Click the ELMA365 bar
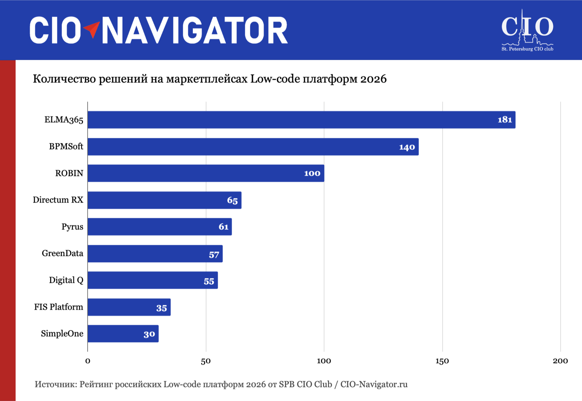[301, 120]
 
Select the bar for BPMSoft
[253, 147]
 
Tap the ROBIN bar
[206, 173]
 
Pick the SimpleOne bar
[123, 334]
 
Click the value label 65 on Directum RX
[232, 200]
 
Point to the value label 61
[224, 227]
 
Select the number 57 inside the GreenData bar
[214, 255]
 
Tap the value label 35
[162, 308]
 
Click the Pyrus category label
[72, 227]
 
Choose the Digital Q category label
[66, 280]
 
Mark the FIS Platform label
[59, 307]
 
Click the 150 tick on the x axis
[442, 361]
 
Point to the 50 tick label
[206, 361]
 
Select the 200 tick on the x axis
[560, 361]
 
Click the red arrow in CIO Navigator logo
[92, 29]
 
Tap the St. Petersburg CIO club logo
[527, 31]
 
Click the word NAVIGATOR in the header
[195, 30]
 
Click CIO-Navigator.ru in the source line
[374, 384]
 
